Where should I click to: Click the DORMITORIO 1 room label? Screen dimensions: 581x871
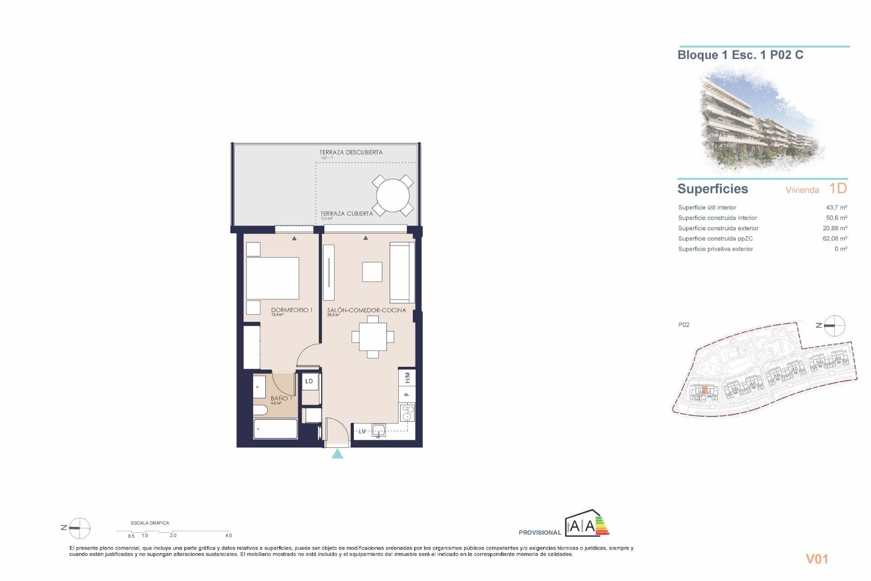(x=292, y=310)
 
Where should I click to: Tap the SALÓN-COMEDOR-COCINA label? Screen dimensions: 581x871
(x=367, y=310)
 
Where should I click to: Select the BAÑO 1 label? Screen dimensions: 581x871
(x=281, y=398)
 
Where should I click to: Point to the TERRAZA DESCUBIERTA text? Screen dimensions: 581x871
(x=351, y=153)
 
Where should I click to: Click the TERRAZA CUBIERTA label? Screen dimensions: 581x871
(x=347, y=213)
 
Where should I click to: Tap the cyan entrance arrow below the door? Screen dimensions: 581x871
(x=337, y=453)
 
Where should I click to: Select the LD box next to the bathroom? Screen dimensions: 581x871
(x=309, y=381)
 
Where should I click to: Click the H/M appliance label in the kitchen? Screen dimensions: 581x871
(x=407, y=377)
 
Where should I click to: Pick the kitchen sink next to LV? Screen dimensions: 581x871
(x=378, y=430)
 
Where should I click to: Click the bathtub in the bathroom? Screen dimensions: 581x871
(x=275, y=429)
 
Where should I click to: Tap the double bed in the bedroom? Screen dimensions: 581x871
(x=272, y=278)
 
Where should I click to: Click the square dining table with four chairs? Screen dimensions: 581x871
(x=373, y=337)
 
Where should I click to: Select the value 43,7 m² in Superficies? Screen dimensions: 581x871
(x=836, y=207)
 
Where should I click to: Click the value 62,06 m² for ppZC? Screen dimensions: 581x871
(x=835, y=238)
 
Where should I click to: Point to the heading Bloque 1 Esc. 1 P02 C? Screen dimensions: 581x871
(x=740, y=55)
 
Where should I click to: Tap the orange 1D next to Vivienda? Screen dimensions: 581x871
(x=837, y=188)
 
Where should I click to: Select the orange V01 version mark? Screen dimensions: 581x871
(x=817, y=559)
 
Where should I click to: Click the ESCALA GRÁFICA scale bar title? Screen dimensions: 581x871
(x=150, y=523)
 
